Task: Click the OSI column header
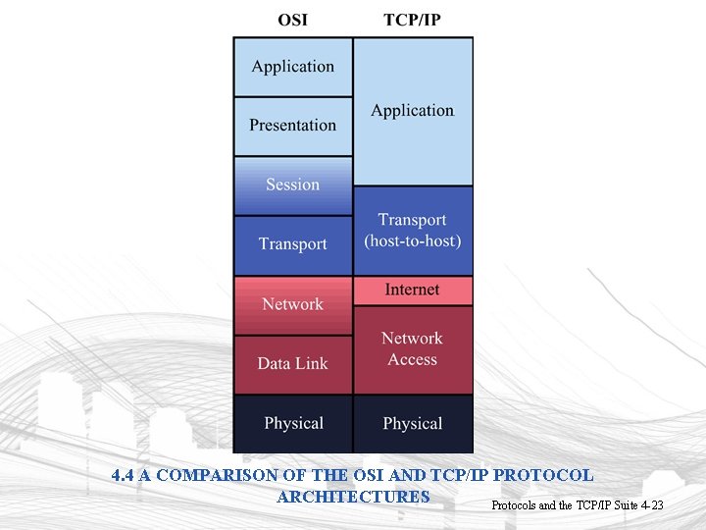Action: click(x=292, y=20)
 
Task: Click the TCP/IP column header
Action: click(x=412, y=20)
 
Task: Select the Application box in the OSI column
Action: click(x=292, y=67)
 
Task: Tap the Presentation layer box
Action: click(x=292, y=126)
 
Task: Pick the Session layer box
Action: click(x=292, y=185)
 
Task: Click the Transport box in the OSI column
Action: click(x=292, y=244)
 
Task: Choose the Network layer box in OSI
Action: click(x=292, y=304)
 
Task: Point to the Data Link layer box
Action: click(x=292, y=364)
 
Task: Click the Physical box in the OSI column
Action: click(x=292, y=424)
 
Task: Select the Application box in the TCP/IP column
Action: click(x=412, y=111)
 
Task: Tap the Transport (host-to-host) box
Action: click(x=412, y=230)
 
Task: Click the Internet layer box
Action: click(x=412, y=290)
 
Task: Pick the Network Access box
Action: click(x=412, y=348)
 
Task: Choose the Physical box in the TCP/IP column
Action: click(x=412, y=424)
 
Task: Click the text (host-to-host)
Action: click(x=412, y=240)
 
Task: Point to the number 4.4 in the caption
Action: click(x=123, y=476)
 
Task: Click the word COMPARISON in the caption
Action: click(x=210, y=476)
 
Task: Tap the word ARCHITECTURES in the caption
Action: click(x=353, y=497)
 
